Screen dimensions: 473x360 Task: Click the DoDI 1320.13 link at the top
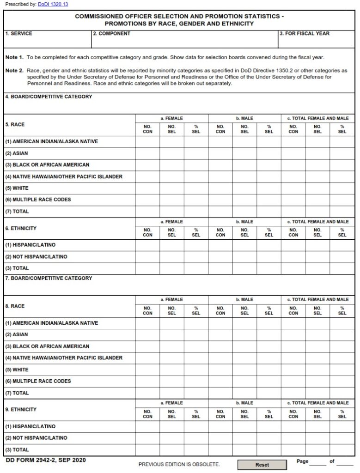(53, 4)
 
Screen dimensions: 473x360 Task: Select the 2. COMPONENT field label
(111, 34)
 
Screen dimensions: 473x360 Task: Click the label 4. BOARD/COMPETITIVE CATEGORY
(49, 97)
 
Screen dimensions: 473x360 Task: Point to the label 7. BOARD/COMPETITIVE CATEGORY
(49, 279)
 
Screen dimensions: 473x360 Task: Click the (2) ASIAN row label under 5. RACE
(17, 153)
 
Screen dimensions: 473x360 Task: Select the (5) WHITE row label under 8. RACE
(17, 370)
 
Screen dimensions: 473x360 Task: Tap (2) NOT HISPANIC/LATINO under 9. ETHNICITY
(36, 438)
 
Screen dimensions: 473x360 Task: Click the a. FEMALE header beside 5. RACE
(171, 119)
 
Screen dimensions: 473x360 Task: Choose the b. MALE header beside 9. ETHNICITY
(244, 403)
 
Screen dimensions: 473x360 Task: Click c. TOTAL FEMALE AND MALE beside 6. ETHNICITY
(318, 222)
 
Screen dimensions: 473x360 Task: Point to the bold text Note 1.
(14, 58)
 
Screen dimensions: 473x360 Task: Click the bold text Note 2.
(14, 71)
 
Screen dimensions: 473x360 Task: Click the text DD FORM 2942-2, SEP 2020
(45, 461)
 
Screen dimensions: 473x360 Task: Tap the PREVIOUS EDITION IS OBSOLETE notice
(179, 464)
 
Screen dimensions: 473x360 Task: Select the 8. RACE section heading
(15, 306)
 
